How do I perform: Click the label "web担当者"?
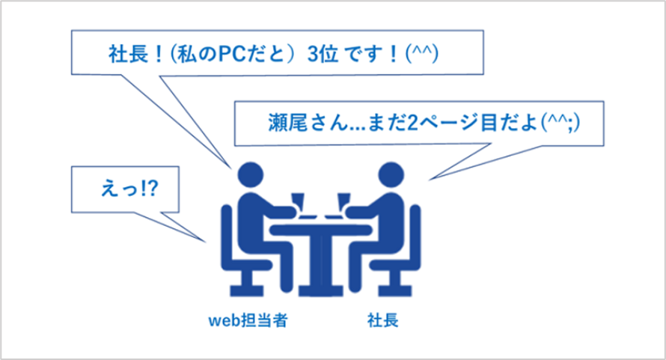point(248,320)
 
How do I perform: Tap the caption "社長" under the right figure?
point(382,320)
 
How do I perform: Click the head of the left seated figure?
point(251,174)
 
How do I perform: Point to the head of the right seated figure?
point(391,174)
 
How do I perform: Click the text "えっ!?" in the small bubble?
point(129,189)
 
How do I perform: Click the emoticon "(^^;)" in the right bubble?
point(560,123)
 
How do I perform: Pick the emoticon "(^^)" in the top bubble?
point(422,54)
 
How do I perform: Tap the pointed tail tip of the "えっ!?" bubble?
point(206,242)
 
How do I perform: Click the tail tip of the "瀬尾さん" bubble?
point(429,180)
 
